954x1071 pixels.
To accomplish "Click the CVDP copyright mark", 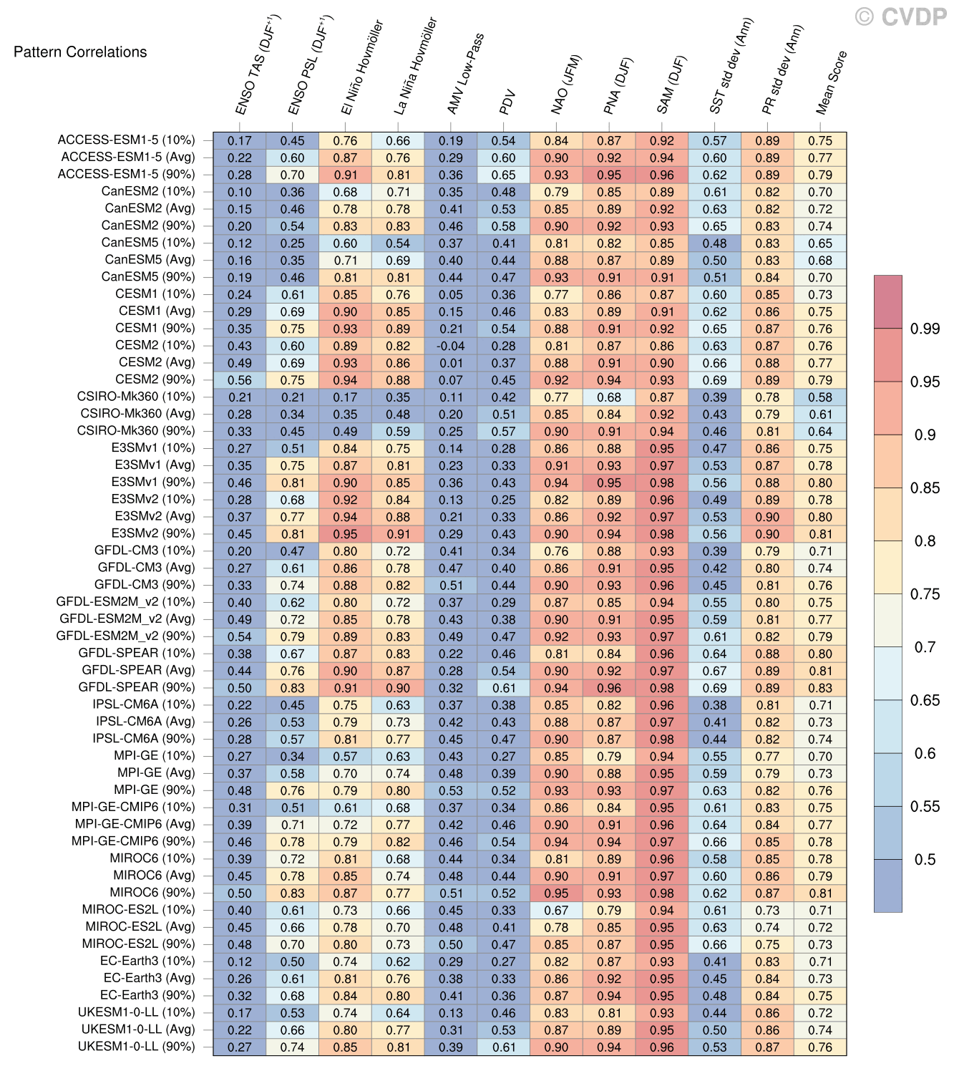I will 900,16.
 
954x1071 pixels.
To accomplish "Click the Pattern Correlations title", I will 80,52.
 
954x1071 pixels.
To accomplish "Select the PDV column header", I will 507,102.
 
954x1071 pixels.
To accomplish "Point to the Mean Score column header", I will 832,82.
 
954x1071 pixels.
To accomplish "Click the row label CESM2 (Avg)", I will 156,362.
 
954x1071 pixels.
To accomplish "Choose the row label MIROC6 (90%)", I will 152,893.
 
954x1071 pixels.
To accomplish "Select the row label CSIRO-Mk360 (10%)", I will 135,397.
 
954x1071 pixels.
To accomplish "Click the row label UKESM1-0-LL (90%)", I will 136,1047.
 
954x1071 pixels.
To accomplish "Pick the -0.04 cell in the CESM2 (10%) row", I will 451,346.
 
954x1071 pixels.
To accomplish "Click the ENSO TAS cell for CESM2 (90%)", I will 240,380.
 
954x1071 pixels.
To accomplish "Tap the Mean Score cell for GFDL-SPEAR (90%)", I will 820,688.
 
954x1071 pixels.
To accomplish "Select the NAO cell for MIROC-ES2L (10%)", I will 556,911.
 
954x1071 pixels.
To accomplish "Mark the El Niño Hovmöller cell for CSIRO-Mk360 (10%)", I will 345,397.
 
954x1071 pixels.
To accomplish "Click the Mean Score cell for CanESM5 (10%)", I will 820,243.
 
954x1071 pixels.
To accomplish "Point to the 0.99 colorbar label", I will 925,329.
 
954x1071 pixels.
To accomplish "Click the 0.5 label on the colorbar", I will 925,860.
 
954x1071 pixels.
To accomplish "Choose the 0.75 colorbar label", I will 925,594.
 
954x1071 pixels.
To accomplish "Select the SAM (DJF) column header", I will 671,84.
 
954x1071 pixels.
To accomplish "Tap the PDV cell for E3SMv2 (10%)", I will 504,500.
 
